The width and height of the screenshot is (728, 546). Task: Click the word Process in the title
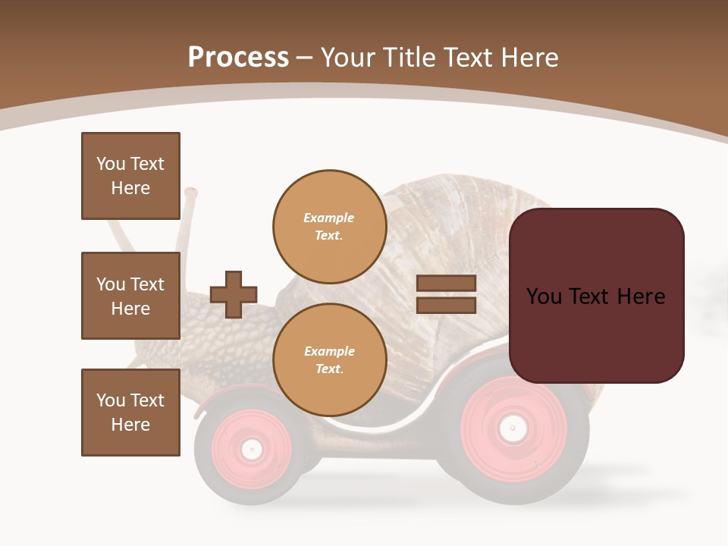[238, 58]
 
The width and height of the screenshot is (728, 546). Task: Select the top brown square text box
[130, 176]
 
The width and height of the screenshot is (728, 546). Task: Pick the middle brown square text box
[130, 296]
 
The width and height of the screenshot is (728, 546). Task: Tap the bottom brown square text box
[130, 413]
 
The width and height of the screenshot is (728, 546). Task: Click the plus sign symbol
[234, 294]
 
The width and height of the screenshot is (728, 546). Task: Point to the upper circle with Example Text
[329, 227]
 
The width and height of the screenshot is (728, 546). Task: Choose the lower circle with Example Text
[329, 360]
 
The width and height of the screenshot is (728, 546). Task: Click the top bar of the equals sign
[446, 284]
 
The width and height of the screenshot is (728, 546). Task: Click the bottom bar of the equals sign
[446, 305]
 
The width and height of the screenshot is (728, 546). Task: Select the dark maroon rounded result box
[596, 296]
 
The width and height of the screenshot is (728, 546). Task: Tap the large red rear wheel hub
[513, 429]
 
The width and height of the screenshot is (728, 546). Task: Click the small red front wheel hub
[251, 449]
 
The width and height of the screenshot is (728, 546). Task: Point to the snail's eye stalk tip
[190, 193]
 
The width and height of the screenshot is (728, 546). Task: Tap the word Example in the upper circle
[329, 218]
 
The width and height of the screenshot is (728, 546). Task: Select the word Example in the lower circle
[329, 352]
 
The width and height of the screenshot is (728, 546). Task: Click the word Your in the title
[348, 58]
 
